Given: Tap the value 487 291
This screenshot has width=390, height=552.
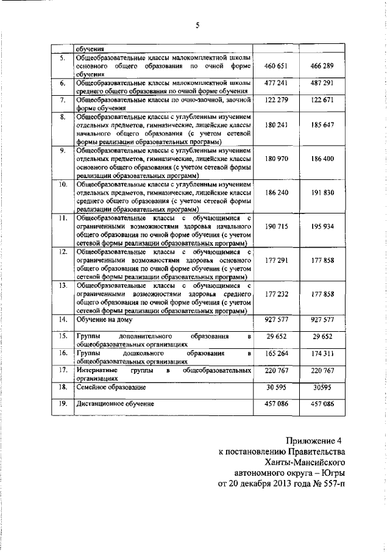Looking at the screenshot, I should tap(322, 84).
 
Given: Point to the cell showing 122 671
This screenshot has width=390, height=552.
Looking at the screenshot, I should tap(322, 99).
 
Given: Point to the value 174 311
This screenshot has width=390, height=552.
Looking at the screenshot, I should tap(322, 354).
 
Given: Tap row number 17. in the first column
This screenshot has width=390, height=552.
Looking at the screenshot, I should tap(62, 370).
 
